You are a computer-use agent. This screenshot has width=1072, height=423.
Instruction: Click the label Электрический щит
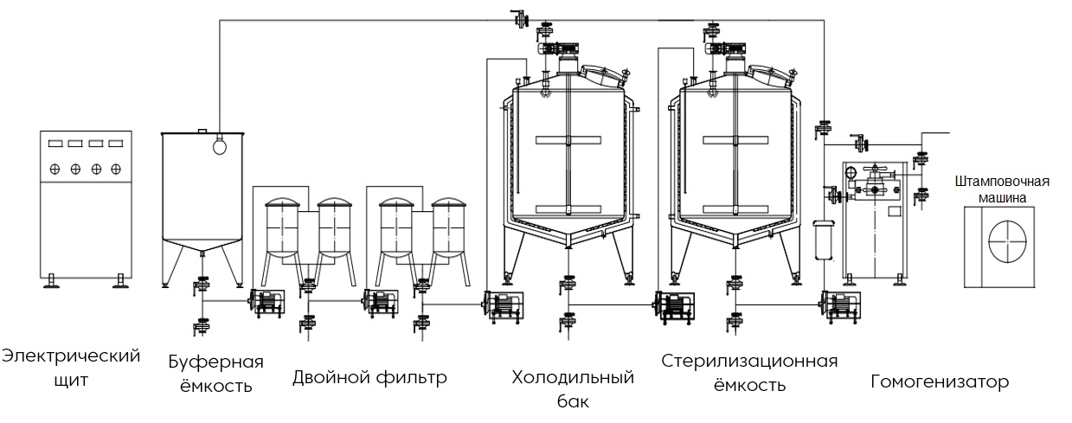pyautogui.click(x=71, y=368)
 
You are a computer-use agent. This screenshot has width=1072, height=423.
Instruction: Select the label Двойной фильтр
pyautogui.click(x=369, y=377)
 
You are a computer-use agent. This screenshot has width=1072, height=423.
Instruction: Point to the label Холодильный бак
pyautogui.click(x=573, y=388)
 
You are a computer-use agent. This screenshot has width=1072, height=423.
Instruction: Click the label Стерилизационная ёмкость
pyautogui.click(x=749, y=372)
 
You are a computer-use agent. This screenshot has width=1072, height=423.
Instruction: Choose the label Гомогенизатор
pyautogui.click(x=940, y=381)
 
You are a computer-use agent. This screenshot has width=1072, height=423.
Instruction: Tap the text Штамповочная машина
pyautogui.click(x=1002, y=189)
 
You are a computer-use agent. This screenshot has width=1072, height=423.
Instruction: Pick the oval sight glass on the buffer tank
pyautogui.click(x=219, y=145)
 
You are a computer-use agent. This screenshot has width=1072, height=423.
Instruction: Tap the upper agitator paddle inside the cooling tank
pyautogui.click(x=567, y=140)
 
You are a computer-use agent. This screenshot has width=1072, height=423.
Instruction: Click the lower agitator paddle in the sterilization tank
pyautogui.click(x=735, y=208)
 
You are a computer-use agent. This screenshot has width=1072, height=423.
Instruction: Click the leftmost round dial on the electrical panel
pyautogui.click(x=55, y=168)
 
